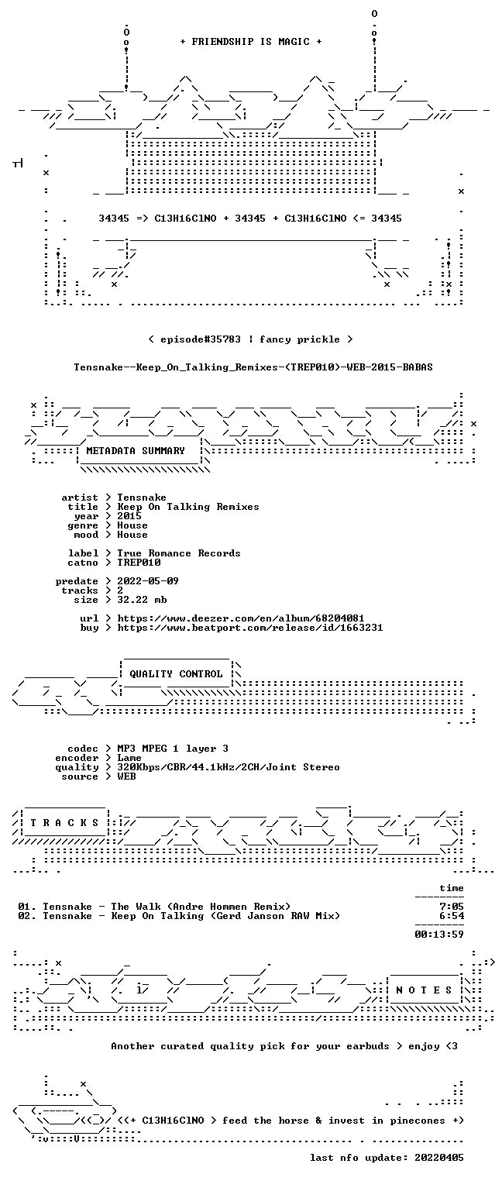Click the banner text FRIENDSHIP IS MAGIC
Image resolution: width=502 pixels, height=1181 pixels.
(250, 42)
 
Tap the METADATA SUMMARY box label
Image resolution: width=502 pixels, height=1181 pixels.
(136, 451)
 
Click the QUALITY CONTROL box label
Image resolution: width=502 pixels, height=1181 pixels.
(176, 673)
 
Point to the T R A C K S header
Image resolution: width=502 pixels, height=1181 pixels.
(64, 822)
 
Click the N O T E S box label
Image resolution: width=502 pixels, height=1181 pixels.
(424, 990)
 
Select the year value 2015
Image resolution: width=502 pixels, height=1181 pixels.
(129, 516)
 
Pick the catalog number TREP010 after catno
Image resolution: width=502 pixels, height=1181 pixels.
(139, 563)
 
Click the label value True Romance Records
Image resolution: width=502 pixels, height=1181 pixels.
(179, 553)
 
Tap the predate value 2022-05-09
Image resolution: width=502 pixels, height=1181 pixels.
(148, 581)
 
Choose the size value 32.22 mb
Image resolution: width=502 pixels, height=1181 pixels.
(142, 600)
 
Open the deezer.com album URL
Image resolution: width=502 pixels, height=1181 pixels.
(240, 618)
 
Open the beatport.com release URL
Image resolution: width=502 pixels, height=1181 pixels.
(250, 628)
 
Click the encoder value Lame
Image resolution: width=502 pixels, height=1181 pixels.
(129, 758)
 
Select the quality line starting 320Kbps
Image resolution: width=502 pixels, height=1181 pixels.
(229, 767)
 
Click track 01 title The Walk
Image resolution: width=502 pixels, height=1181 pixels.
(136, 907)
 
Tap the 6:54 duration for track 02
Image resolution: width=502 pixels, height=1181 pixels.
(452, 916)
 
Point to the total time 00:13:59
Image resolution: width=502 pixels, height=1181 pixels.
(439, 935)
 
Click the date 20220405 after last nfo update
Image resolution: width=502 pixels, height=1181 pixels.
(439, 1157)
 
